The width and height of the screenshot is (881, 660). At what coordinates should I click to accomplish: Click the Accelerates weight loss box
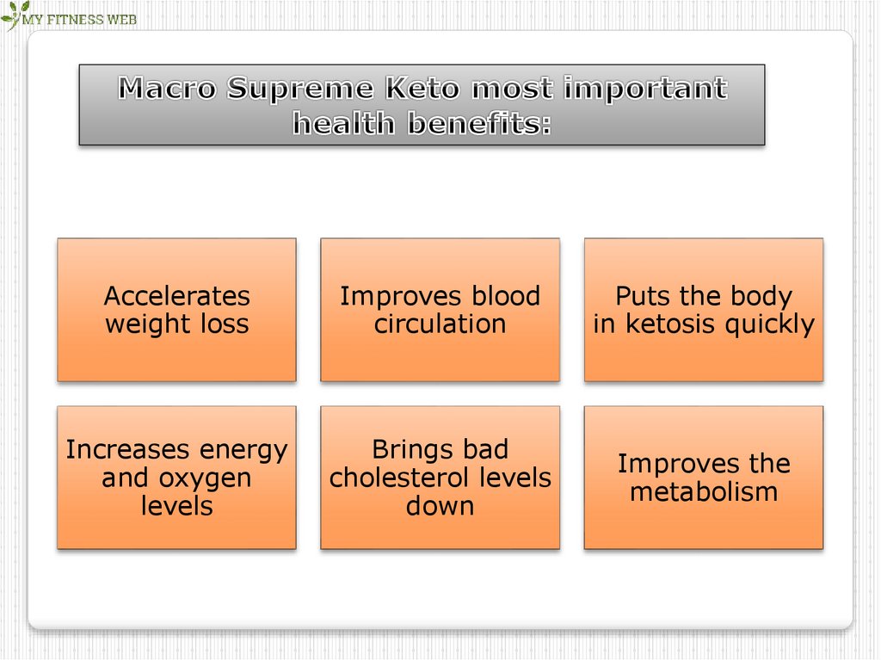tap(176, 310)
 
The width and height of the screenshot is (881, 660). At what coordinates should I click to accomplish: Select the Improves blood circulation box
tap(440, 310)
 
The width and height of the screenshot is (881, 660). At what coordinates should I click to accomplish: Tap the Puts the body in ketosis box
tap(703, 310)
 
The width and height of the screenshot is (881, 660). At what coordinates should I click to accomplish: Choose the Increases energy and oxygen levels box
tap(176, 478)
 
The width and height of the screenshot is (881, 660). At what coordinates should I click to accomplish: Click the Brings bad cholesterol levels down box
tap(440, 478)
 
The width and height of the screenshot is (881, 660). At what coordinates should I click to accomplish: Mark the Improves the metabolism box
tap(703, 478)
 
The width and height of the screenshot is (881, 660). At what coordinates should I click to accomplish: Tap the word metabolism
tap(703, 492)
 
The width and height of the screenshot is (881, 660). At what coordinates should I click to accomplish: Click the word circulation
tap(440, 324)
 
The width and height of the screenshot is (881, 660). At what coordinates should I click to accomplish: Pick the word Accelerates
tap(176, 296)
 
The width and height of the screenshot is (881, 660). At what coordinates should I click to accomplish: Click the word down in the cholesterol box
tap(440, 506)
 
